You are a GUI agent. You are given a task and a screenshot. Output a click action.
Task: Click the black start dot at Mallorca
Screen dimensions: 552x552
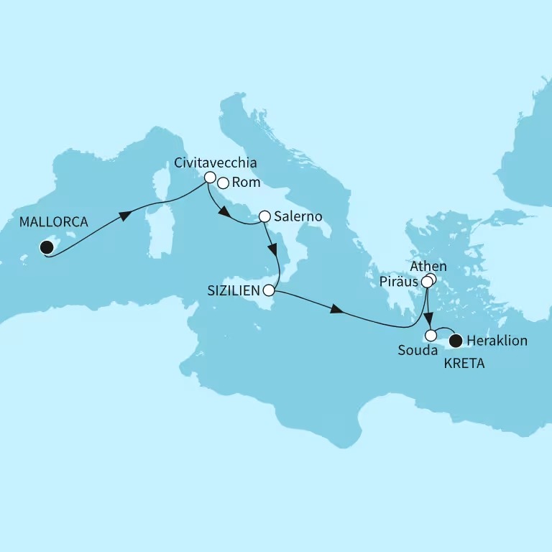[x=47, y=248]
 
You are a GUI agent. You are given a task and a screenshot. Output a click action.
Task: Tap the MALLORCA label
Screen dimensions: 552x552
[x=55, y=223]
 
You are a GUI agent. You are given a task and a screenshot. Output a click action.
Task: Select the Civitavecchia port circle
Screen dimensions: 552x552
[x=210, y=177]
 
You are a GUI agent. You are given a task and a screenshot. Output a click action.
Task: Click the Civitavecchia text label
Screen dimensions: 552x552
[x=215, y=162]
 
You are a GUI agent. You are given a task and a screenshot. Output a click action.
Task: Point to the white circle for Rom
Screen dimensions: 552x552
[x=223, y=183]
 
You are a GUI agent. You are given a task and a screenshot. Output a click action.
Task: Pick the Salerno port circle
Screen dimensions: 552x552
[x=264, y=216]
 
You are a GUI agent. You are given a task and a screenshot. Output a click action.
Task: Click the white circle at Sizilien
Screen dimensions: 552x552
[x=269, y=291]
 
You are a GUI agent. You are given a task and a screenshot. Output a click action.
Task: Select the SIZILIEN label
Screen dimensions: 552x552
[x=232, y=291]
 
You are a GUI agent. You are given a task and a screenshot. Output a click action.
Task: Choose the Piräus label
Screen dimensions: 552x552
[x=400, y=281]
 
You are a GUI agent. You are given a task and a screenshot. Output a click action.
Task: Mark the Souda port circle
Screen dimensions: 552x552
[x=431, y=335]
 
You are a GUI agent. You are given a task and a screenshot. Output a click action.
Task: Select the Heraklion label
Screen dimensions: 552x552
[x=497, y=341]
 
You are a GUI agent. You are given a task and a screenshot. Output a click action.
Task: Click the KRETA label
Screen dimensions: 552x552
[x=464, y=364]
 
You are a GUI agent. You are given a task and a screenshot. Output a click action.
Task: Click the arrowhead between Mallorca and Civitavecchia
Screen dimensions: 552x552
[x=126, y=216]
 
